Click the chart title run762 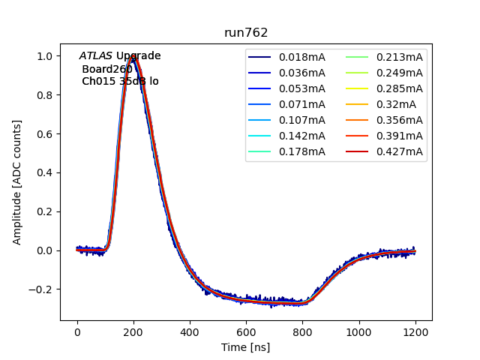click(x=246, y=33)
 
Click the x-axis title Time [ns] click(x=246, y=347)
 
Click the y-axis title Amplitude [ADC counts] click(x=17, y=182)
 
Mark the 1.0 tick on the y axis click(x=45, y=56)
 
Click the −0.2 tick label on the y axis click(x=42, y=289)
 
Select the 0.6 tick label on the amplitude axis click(x=45, y=134)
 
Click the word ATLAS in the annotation click(x=96, y=56)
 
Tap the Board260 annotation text click(x=107, y=69)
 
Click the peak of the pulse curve click(x=134, y=56)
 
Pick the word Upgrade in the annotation click(x=138, y=56)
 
